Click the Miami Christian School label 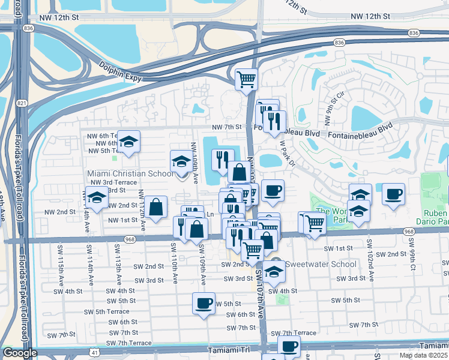click(130, 173)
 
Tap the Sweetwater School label click(312, 264)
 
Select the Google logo click(19, 353)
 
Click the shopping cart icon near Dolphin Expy click(247, 79)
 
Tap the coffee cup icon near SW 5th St click(203, 303)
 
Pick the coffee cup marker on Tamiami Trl click(289, 346)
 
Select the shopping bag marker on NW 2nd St click(156, 207)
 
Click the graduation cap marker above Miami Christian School click(181, 161)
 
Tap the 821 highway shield click(22, 103)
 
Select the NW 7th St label click(226, 127)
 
